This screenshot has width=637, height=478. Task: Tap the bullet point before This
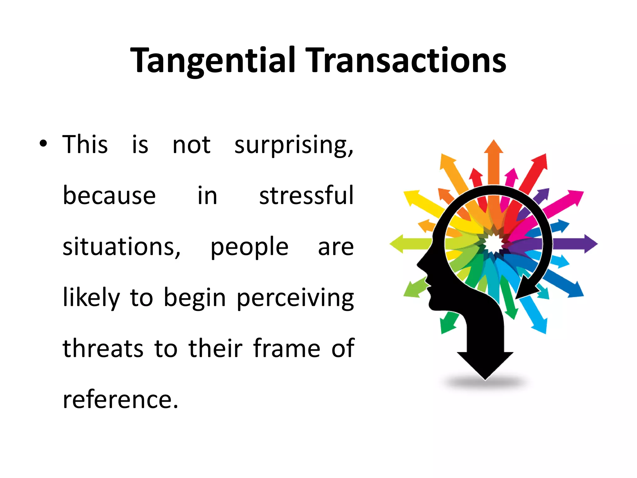click(x=43, y=144)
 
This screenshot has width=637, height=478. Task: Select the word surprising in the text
click(x=294, y=145)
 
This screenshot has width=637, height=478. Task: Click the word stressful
click(x=306, y=195)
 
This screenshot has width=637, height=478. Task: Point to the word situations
click(x=121, y=246)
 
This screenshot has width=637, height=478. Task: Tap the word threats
click(x=103, y=348)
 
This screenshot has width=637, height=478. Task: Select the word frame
click(x=286, y=348)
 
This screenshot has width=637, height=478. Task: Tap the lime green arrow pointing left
click(x=407, y=244)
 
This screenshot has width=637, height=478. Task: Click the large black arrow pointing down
click(x=485, y=358)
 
